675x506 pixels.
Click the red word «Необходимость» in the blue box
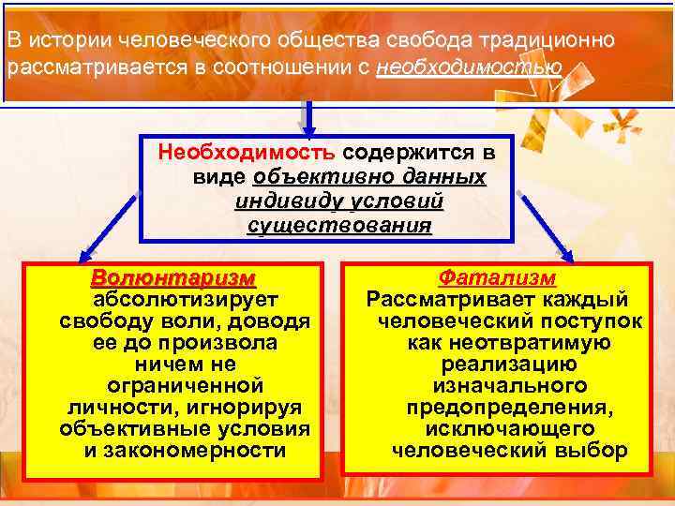(x=246, y=152)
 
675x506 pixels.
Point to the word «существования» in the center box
(x=339, y=226)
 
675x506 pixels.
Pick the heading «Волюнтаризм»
(x=172, y=279)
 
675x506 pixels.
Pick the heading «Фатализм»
(x=498, y=279)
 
